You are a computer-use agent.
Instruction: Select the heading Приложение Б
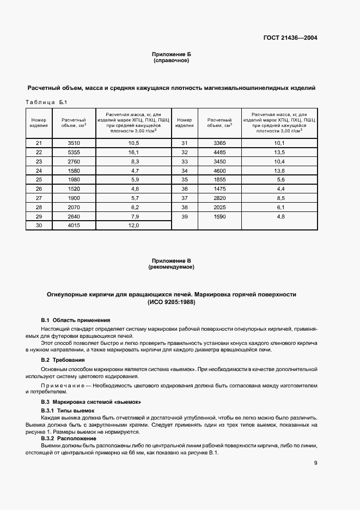pos(171,54)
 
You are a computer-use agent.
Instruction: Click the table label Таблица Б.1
pos(46,102)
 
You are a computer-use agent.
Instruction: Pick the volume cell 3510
pos(74,143)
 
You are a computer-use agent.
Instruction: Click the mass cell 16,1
pos(133,152)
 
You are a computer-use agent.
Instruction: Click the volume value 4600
pos(220,171)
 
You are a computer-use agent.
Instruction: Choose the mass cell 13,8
pos(280,171)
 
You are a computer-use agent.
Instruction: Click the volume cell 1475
pos(220,189)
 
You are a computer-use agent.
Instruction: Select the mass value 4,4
pos(280,189)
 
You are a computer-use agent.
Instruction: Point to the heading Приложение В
pos(171,262)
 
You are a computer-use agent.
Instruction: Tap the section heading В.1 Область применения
pos(76,320)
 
